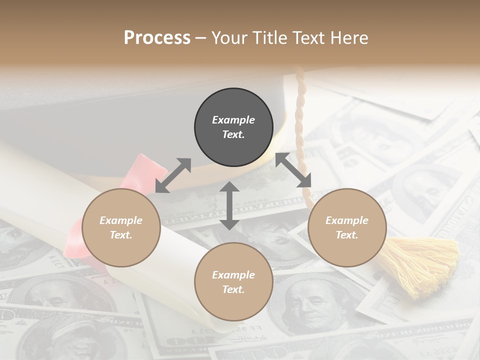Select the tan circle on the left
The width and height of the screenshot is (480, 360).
click(121, 227)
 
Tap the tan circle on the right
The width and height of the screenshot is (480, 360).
click(347, 227)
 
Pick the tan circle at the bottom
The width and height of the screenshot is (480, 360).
click(233, 282)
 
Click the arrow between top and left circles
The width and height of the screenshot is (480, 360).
click(173, 175)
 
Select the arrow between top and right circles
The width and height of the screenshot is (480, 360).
click(293, 170)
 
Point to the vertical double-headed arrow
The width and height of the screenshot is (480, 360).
click(229, 205)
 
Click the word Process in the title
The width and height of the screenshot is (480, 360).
click(157, 38)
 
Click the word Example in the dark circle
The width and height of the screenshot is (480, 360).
click(233, 120)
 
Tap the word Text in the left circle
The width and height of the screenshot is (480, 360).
click(121, 235)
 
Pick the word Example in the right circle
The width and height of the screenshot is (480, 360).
click(347, 220)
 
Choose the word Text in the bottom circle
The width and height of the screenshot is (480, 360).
click(233, 289)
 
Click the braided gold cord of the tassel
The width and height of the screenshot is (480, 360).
click(300, 110)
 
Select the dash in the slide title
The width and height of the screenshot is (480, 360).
click(201, 38)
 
